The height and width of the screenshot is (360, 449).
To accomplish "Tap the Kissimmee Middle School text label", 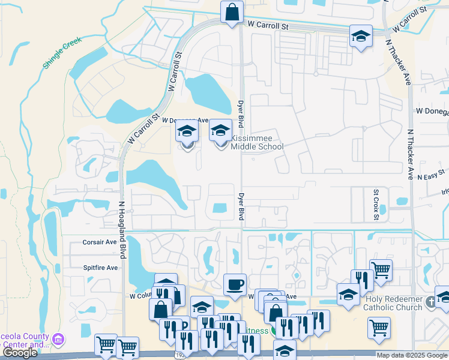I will [257, 142].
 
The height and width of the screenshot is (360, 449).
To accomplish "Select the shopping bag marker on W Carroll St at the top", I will [231, 12].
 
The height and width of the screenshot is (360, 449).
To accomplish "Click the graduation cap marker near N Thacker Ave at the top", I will [361, 35].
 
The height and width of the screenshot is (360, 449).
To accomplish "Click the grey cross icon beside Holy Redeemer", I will [430, 303].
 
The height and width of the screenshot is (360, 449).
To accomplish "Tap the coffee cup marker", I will [235, 284].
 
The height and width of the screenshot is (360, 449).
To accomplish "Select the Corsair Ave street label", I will [99, 242].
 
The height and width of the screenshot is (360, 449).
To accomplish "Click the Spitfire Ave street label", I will [100, 268].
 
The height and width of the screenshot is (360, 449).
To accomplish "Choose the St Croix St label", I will [376, 206].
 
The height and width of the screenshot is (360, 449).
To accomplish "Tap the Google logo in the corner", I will [20, 353].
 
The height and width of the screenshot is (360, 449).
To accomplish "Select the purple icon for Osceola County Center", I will [58, 340].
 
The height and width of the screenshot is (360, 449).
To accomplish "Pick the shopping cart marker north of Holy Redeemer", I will [381, 269].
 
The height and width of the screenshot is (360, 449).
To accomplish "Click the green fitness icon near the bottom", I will [274, 330].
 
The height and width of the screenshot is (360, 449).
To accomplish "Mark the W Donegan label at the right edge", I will [432, 111].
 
